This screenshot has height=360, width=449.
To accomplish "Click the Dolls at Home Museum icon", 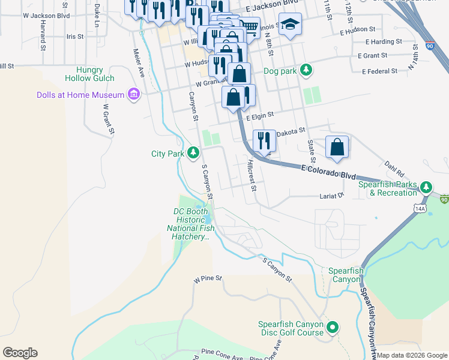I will [134, 95].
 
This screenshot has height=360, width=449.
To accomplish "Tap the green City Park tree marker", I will [193, 154].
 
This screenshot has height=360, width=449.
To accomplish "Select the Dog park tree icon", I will [306, 70].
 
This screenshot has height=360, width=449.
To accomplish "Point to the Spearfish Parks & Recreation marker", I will [426, 188].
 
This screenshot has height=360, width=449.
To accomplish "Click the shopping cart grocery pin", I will [251, 26].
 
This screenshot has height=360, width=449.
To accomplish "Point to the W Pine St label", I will [208, 279].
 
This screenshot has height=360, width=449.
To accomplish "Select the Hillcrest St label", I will [252, 175].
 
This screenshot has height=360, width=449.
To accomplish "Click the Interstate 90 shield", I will [429, 45].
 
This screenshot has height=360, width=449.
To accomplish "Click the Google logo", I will [20, 353].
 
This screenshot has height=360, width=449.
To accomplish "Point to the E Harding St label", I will [384, 41].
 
